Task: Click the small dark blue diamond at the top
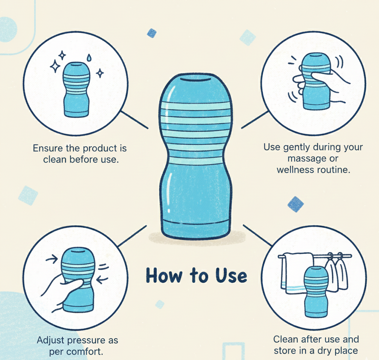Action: (x=152, y=33)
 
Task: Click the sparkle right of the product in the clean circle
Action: (x=100, y=73)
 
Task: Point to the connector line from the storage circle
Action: (x=257, y=234)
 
